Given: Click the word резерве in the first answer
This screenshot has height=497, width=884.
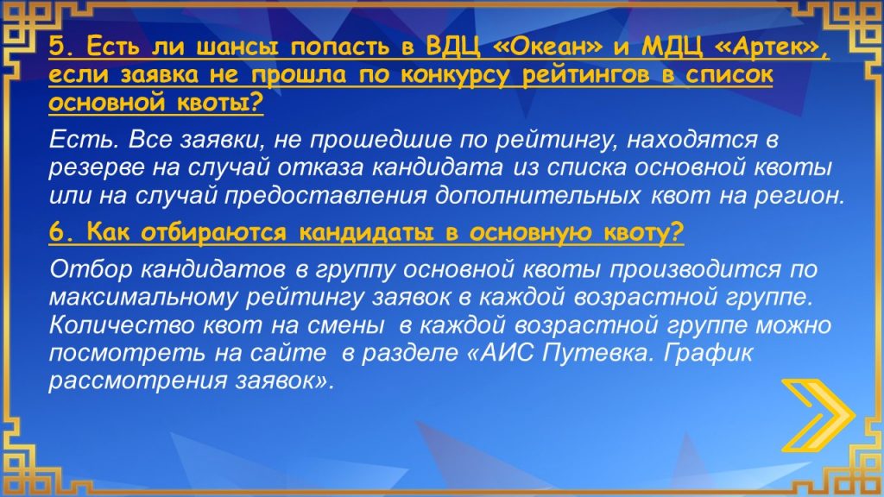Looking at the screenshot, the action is [97, 168].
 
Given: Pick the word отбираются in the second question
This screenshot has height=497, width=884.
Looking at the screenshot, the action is [214, 232].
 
